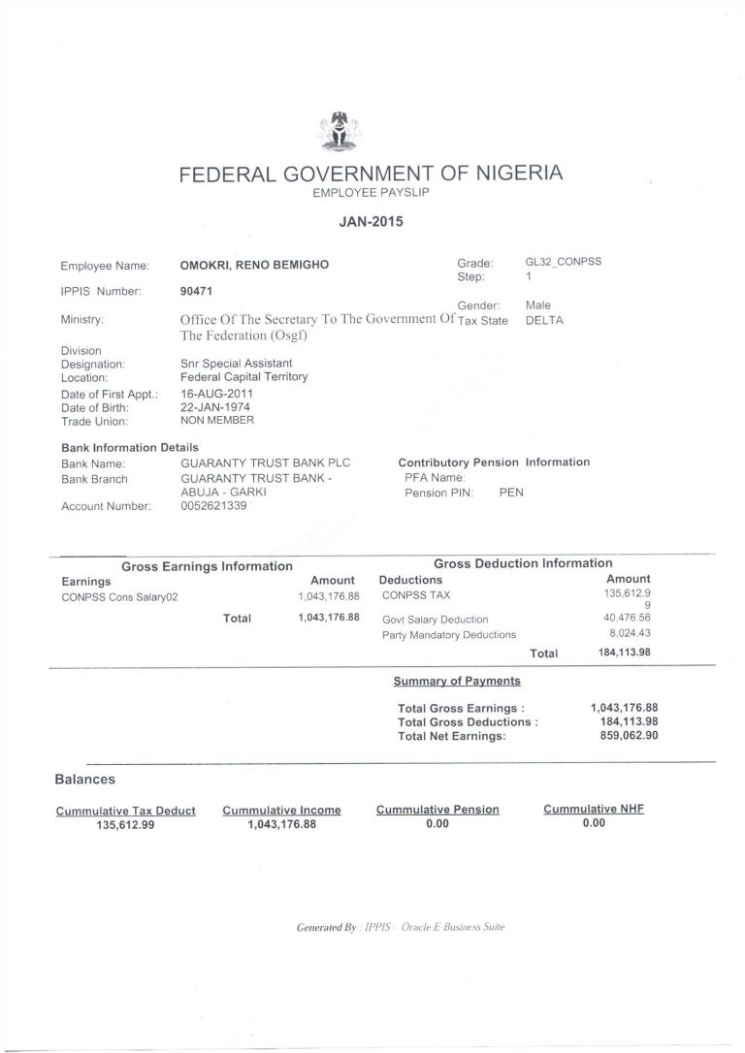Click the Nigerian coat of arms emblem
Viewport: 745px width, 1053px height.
[x=339, y=132]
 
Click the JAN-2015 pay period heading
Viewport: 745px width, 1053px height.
[x=372, y=221]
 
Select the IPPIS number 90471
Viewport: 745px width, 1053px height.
[x=197, y=290]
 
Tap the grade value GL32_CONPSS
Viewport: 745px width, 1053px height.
[x=563, y=262]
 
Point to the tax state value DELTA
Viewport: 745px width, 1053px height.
[x=544, y=320]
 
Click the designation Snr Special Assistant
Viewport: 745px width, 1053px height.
[x=238, y=364]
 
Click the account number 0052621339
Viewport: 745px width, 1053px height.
[x=220, y=505]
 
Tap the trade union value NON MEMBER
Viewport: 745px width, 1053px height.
[x=217, y=421]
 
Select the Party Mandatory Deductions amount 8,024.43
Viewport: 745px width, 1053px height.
[x=628, y=633]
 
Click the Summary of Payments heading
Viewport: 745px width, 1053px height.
[x=457, y=681]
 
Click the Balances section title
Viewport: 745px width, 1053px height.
[x=85, y=779]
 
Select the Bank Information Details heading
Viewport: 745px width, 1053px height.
[x=130, y=448]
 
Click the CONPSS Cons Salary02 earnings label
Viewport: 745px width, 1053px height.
[x=119, y=597]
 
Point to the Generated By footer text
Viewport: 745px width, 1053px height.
[x=401, y=927]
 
